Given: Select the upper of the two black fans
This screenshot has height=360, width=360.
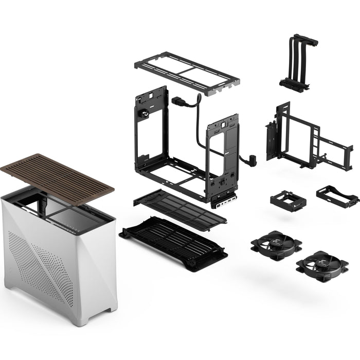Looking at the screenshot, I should pyautogui.click(x=276, y=245).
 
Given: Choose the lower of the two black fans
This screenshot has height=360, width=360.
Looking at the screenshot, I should pyautogui.click(x=322, y=266).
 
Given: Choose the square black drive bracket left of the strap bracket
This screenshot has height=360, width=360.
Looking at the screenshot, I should pyautogui.click(x=288, y=201).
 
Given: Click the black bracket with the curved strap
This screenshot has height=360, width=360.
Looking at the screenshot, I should pyautogui.click(x=337, y=196).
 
